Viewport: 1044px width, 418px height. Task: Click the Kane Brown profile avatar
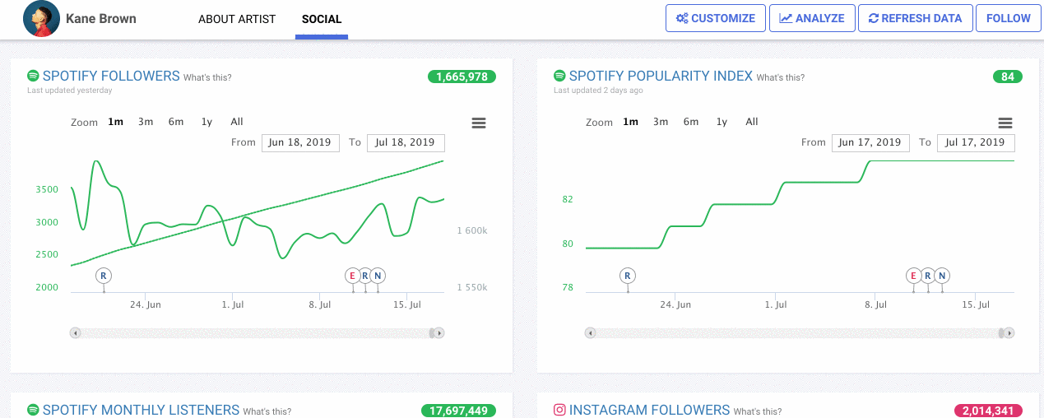pyautogui.click(x=41, y=19)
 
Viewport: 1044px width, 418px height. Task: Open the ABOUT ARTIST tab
pyautogui.click(x=237, y=19)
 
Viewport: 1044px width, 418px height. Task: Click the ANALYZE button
pyautogui.click(x=812, y=18)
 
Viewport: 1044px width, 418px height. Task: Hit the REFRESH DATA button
pyautogui.click(x=915, y=18)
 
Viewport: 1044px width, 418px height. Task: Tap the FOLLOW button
pyautogui.click(x=1008, y=18)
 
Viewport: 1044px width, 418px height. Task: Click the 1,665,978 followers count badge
pyautogui.click(x=462, y=77)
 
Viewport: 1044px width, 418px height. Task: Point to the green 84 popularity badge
pyautogui.click(x=1007, y=77)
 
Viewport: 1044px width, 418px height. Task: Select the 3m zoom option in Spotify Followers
pyautogui.click(x=146, y=122)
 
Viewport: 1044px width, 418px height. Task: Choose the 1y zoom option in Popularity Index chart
pyautogui.click(x=722, y=122)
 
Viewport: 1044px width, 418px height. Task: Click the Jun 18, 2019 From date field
pyautogui.click(x=300, y=142)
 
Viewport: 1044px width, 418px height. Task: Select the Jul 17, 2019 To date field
pyautogui.click(x=975, y=142)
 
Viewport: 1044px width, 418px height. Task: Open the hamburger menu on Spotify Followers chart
pyautogui.click(x=478, y=123)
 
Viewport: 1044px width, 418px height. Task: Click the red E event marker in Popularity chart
pyautogui.click(x=913, y=276)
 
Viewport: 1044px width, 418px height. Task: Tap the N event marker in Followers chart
pyautogui.click(x=378, y=276)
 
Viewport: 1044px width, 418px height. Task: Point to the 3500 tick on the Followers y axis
pyautogui.click(x=47, y=190)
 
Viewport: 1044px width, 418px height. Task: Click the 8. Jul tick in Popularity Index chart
pyautogui.click(x=875, y=305)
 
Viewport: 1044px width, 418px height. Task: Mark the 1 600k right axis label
pyautogui.click(x=471, y=231)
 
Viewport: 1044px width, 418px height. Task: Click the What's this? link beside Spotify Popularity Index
pyautogui.click(x=780, y=78)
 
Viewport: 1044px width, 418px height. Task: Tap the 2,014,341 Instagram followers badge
pyautogui.click(x=988, y=411)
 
